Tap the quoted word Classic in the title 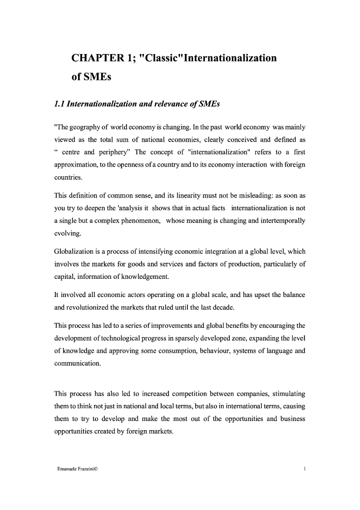pos(161,58)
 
